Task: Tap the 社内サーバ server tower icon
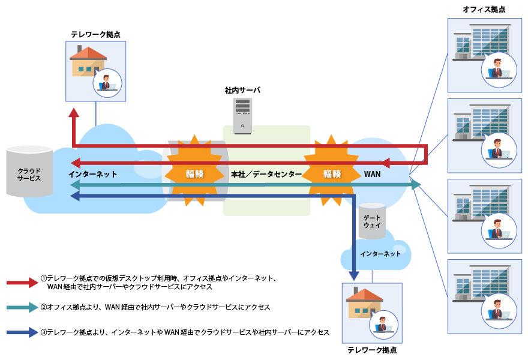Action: point(242,115)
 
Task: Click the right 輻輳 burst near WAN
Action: point(332,173)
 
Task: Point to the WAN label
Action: point(372,174)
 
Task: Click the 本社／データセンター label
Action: point(266,174)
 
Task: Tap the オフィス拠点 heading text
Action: point(484,9)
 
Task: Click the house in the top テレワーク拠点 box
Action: point(87,62)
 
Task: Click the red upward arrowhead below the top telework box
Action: point(73,113)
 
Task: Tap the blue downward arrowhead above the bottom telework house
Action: point(354,275)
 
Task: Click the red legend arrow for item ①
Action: point(23,283)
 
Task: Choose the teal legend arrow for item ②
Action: point(23,307)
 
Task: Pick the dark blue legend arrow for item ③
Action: point(23,332)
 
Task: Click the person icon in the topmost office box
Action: point(499,70)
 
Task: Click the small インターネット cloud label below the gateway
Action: point(380,254)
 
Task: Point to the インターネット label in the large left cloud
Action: point(92,174)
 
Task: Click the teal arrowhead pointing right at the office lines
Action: point(416,185)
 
